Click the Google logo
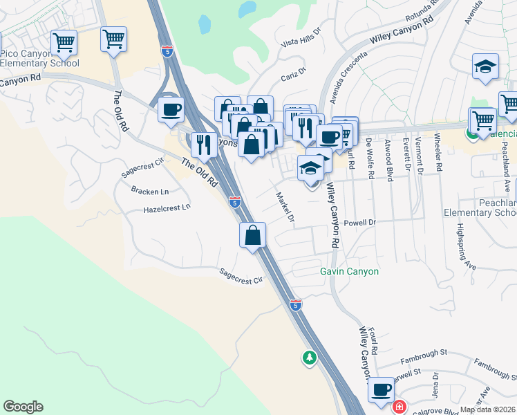pyautogui.click(x=23, y=407)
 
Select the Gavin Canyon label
pyautogui.click(x=349, y=271)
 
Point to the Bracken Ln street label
pyautogui.click(x=150, y=192)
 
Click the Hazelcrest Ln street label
pyautogui.click(x=167, y=208)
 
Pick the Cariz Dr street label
pyautogui.click(x=293, y=75)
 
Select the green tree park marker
pyautogui.click(x=309, y=358)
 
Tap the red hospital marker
pyautogui.click(x=399, y=407)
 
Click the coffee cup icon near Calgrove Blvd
pyautogui.click(x=380, y=389)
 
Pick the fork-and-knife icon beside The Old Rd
pyautogui.click(x=203, y=144)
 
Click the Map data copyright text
pyautogui.click(x=487, y=409)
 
